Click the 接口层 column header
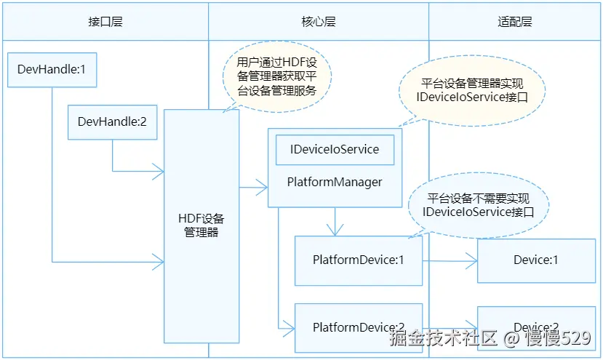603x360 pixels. click(x=105, y=21)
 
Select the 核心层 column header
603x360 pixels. click(x=319, y=21)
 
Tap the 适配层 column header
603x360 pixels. click(x=515, y=21)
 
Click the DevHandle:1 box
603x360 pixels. click(x=52, y=71)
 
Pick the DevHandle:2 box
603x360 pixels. click(x=112, y=121)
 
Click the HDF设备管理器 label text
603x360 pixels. click(x=201, y=225)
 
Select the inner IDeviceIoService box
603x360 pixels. click(x=335, y=149)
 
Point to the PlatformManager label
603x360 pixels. click(x=335, y=182)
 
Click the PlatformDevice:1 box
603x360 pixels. click(x=358, y=260)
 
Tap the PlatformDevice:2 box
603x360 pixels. click(x=358, y=327)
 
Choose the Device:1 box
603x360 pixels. click(x=536, y=260)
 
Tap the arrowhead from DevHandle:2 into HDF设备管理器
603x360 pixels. click(x=158, y=172)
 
